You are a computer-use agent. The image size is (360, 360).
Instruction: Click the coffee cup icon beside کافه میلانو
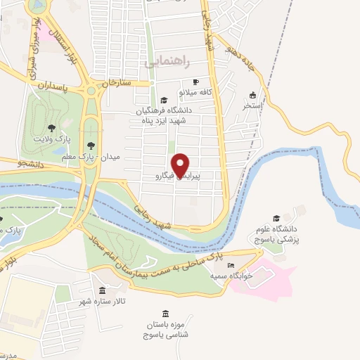[206, 82]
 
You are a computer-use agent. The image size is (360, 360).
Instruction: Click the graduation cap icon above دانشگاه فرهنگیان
[164, 100]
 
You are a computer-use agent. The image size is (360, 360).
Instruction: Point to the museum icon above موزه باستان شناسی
[165, 314]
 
